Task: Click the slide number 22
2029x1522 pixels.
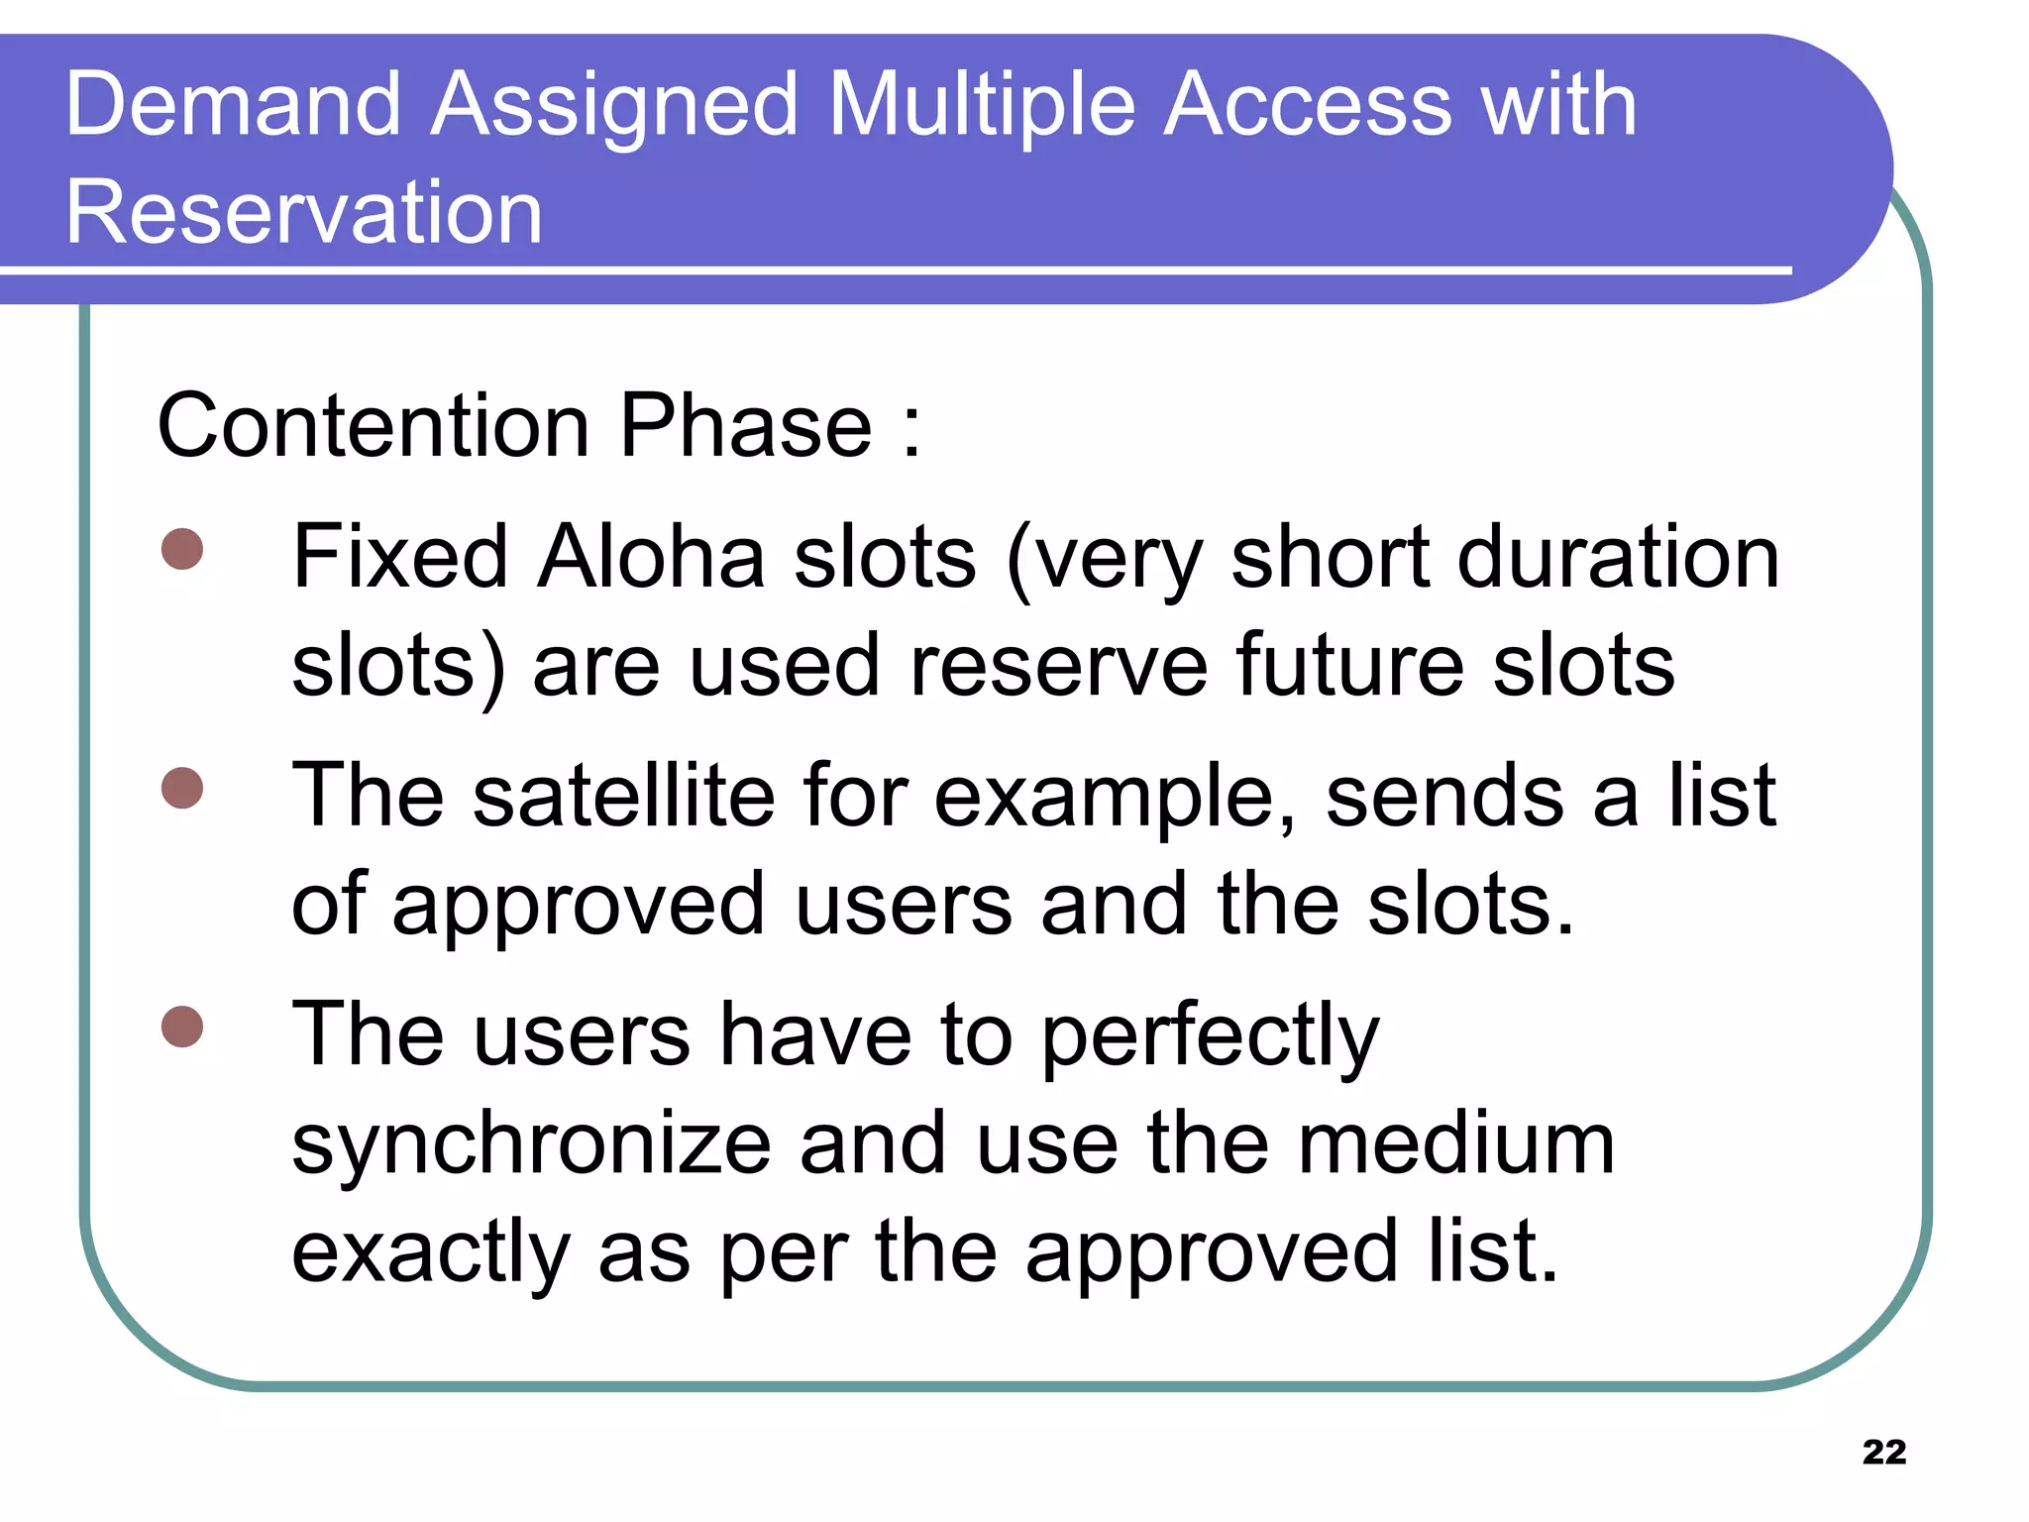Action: tap(1883, 1452)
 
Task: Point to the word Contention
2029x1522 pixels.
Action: tap(374, 426)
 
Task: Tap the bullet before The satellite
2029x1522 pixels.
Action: tap(182, 788)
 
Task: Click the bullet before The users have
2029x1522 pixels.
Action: tap(182, 1027)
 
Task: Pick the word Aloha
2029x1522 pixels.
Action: tap(651, 557)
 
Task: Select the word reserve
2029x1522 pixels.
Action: tap(1058, 666)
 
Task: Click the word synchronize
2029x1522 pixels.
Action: tap(531, 1145)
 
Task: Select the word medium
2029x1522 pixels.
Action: tap(1456, 1143)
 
